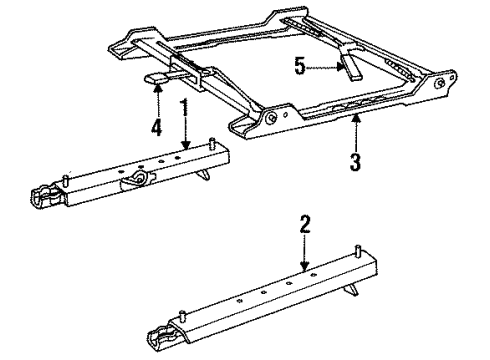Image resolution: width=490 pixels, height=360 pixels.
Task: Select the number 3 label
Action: pyautogui.click(x=356, y=157)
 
